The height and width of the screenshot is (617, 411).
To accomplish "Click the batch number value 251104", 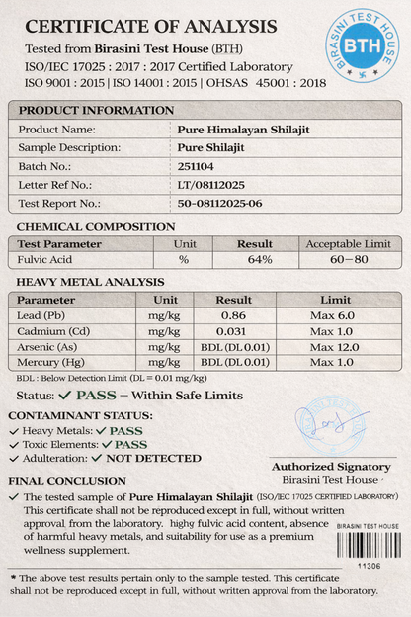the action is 197,166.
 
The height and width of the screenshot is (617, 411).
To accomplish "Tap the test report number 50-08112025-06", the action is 220,203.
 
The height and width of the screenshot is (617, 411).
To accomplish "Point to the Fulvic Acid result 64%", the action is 260,259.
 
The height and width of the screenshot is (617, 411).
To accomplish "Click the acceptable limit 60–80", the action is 349,259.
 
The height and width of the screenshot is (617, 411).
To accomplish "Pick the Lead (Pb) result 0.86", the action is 233,313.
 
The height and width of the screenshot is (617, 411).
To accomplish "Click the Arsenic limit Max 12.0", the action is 335,347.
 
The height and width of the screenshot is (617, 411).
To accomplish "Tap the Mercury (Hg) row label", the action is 52,363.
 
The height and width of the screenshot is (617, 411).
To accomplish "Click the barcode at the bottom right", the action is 368,545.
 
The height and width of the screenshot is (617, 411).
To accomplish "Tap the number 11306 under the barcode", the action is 369,566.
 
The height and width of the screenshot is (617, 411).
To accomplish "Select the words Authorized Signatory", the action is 330,466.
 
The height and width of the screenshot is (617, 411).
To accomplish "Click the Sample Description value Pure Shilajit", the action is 211,147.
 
